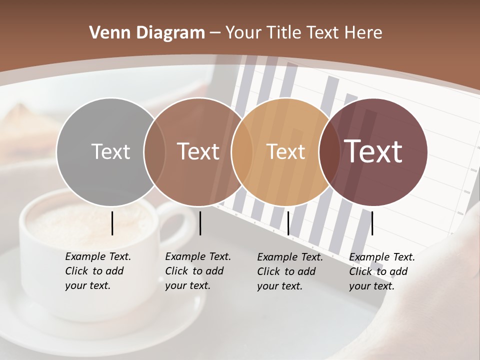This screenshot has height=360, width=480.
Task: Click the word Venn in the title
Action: (x=106, y=33)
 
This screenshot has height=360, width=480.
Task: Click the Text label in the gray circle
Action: (x=110, y=151)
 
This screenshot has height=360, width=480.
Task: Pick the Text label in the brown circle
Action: (x=198, y=151)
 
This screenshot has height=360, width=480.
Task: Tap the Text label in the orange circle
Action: (x=285, y=151)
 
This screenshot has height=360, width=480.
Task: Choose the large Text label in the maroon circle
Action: (x=373, y=151)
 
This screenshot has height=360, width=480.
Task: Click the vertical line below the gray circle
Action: (x=112, y=223)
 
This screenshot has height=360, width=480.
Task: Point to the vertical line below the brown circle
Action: (x=200, y=223)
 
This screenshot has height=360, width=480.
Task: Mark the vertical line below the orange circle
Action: (x=288, y=223)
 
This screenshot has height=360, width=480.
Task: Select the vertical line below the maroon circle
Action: (x=372, y=223)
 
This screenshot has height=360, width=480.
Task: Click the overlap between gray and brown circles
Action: (x=154, y=151)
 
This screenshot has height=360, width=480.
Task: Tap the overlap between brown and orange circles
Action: (x=242, y=151)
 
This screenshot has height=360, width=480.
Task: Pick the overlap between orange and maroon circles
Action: (x=329, y=151)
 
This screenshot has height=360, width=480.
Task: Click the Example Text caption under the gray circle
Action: (x=97, y=271)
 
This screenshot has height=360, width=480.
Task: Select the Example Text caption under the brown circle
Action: (x=197, y=271)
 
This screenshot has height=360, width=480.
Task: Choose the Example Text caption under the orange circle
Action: (x=289, y=271)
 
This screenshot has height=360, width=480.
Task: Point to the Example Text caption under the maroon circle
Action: (x=381, y=271)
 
